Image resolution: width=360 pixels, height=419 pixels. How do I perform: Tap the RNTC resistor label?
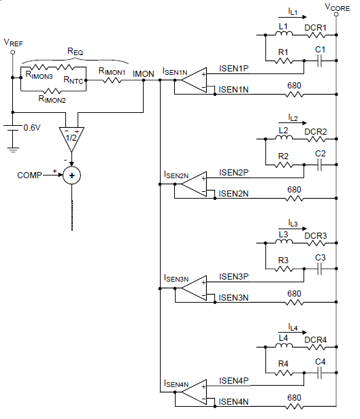click(x=74, y=80)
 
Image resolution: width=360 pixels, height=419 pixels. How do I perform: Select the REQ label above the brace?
click(x=75, y=51)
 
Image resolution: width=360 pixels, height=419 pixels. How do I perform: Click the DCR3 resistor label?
click(x=315, y=236)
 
